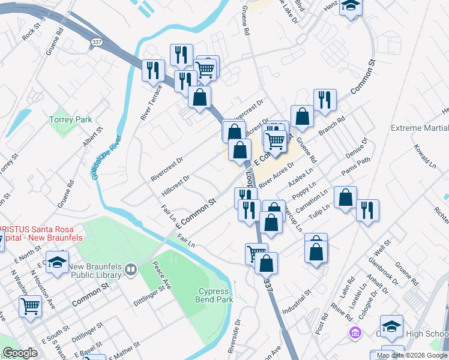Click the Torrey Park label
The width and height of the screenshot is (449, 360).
71,119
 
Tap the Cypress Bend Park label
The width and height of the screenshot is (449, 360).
215,295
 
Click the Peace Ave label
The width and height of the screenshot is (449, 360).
161,276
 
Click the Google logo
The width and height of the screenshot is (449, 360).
20,353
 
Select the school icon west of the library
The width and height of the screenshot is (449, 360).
57,262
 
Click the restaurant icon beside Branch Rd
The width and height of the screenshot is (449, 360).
324,100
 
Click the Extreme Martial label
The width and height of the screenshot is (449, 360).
419,128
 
